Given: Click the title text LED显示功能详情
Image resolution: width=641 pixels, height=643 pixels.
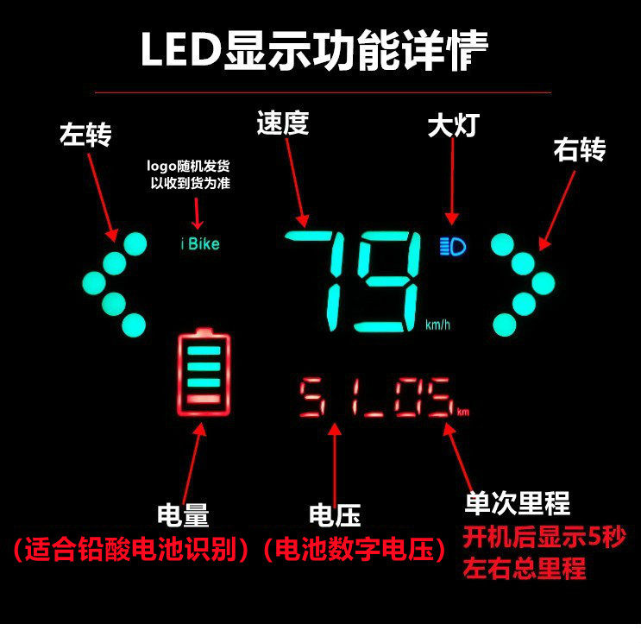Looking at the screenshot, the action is coord(314,51).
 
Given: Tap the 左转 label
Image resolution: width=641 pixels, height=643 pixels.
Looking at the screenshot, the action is coord(85,136).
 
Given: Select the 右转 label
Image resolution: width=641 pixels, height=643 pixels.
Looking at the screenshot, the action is coord(579,150).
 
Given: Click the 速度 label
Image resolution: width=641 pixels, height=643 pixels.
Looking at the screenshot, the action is coord(282,123).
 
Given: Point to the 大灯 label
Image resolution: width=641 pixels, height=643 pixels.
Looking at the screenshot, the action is coord(452,126).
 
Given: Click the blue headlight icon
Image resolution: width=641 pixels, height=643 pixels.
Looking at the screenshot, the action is coord(451,247).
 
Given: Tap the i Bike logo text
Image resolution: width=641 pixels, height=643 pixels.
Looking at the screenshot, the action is coord(200,244).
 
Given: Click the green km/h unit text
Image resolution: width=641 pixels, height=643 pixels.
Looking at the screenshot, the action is coord(437,325).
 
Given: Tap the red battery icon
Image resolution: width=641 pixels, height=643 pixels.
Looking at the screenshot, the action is coord(204,371).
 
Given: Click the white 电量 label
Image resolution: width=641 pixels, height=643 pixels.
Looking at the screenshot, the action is coord(183,516).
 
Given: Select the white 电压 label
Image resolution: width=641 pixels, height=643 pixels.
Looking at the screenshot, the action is coord(334,516).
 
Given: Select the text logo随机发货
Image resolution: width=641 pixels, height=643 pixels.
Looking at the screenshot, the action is coord(191,165).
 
